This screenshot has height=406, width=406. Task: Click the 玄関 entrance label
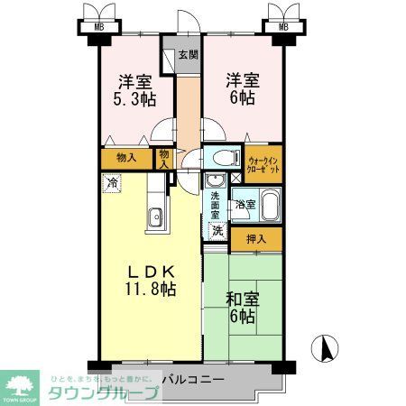pos(187,54)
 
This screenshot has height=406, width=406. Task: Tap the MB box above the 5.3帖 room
pos(98,26)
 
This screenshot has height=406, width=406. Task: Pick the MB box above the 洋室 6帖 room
pos(284,26)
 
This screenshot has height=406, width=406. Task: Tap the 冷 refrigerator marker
pos(112,183)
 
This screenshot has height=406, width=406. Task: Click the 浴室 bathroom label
pos(245,205)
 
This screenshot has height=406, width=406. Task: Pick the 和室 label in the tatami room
pos(243,299)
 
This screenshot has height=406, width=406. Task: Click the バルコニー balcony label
pos(192,380)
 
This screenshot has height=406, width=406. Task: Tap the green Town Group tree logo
pos(23,383)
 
